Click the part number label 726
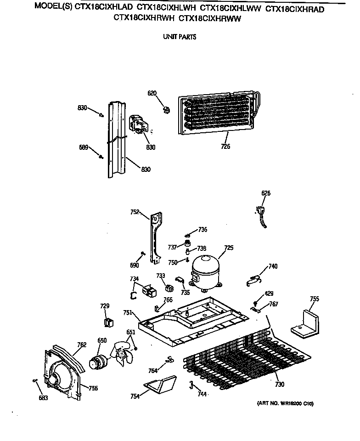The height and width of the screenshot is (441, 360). (225, 147)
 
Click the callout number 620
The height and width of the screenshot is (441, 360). (152, 93)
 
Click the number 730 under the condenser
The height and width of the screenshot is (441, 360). (280, 384)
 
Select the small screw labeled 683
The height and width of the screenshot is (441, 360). (35, 380)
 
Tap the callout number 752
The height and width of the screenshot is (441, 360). (135, 212)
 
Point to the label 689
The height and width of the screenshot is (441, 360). (83, 147)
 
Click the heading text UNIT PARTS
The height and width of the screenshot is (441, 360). (180, 37)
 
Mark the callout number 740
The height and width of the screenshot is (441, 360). (273, 266)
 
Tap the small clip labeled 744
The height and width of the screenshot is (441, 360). (190, 384)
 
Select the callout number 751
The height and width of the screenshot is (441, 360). (128, 312)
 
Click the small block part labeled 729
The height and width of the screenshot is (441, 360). (108, 322)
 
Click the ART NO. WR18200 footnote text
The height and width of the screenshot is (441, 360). (283, 404)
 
